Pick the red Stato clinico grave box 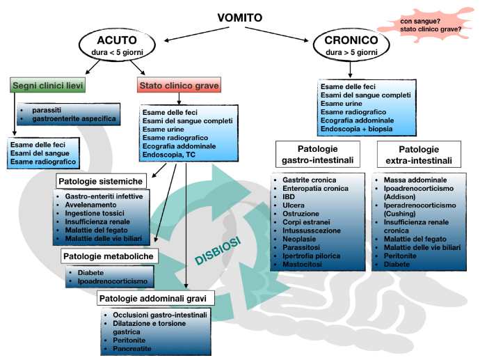[x=179, y=86]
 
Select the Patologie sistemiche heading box [x=100, y=182]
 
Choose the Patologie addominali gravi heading [x=157, y=299]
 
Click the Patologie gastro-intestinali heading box [x=317, y=155]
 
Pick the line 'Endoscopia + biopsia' [x=356, y=130]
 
